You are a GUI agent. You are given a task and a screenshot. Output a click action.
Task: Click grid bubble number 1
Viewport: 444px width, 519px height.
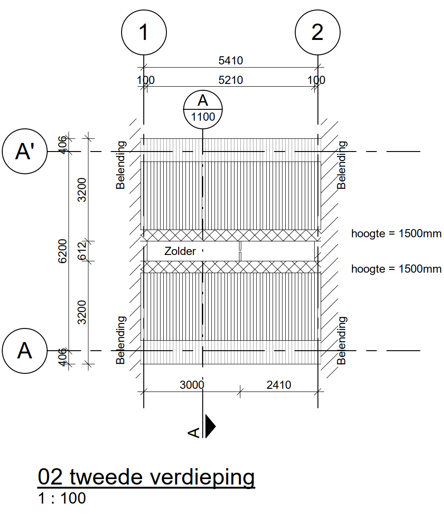[x=144, y=32]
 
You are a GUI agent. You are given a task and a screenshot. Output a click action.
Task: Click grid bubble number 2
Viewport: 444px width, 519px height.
[x=317, y=32]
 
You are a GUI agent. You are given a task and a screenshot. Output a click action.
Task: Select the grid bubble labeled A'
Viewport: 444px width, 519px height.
[x=25, y=151]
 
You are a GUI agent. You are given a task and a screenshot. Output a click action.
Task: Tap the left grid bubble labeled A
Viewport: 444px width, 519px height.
[x=25, y=351]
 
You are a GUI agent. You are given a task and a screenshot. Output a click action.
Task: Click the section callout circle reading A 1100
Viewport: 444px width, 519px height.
[x=203, y=109]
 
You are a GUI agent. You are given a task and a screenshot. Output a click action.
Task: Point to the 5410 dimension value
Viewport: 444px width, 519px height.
[x=230, y=61]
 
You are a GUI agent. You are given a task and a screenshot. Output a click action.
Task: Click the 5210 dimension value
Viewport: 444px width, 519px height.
[x=230, y=80]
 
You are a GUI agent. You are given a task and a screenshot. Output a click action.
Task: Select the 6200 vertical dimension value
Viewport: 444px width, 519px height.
[x=63, y=251]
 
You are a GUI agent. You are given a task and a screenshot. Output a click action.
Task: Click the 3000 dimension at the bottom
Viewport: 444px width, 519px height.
[x=192, y=385]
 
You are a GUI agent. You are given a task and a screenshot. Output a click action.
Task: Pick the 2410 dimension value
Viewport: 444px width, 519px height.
[x=279, y=385]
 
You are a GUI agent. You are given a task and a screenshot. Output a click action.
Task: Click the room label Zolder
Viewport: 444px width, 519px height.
[x=180, y=251]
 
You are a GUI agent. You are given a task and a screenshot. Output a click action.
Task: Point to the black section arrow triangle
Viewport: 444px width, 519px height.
[x=210, y=426]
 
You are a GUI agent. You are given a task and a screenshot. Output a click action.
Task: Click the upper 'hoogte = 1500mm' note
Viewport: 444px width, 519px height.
[x=396, y=234]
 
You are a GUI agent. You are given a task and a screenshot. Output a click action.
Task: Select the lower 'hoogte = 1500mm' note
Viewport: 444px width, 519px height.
[x=396, y=269]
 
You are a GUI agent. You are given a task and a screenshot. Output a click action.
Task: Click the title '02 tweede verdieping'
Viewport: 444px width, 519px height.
[x=146, y=477]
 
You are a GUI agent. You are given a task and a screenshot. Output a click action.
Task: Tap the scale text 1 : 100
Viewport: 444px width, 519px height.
[x=62, y=499]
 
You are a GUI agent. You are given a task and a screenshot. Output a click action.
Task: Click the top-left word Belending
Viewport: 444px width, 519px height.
[x=121, y=165]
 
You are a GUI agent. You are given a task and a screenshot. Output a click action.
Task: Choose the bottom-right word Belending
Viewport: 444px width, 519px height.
[x=342, y=340]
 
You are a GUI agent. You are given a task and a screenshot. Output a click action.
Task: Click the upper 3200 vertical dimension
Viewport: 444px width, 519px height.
[x=82, y=190]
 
